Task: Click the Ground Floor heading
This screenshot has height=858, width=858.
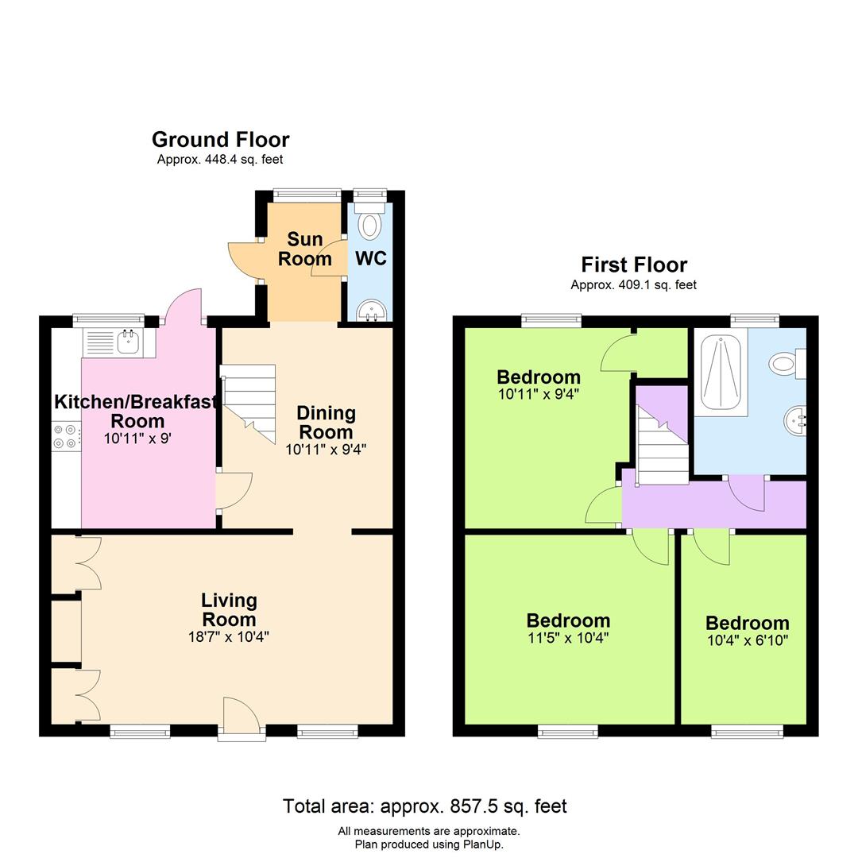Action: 220,140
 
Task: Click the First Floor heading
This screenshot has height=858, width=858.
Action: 634,265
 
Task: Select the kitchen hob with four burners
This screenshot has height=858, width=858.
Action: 65,436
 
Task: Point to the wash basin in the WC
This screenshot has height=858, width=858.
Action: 369,311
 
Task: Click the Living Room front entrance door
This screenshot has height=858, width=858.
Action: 242,719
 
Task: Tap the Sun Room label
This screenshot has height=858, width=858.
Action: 304,249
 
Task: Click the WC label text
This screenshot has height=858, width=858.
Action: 370,258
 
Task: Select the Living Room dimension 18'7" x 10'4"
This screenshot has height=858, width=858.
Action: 229,636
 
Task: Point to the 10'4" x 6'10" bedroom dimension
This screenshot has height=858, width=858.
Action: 747,640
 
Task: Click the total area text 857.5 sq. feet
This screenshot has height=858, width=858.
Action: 425,806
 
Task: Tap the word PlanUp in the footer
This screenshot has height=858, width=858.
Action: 480,844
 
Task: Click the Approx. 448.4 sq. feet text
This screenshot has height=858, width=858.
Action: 220,160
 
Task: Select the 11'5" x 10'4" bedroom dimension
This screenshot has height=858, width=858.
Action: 568,637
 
